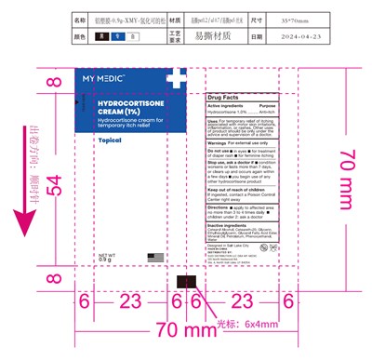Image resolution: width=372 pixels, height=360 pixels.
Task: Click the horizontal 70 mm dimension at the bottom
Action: pos(182,330)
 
